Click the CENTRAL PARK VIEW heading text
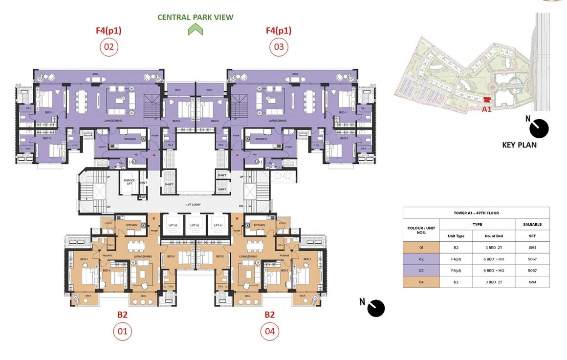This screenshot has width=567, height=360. coord(195,18)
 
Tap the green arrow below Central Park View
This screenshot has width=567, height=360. coord(195,30)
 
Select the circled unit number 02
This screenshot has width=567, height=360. coord(109,47)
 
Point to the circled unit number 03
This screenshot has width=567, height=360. coord(279,47)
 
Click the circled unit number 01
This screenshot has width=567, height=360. coord(122,332)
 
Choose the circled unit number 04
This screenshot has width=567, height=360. coord(269,332)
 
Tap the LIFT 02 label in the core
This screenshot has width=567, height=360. coord(194,225)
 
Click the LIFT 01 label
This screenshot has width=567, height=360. coord(218,225)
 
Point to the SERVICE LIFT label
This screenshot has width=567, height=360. coord(129,182)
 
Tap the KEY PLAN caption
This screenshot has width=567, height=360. coord(519,145)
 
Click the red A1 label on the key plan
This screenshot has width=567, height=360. coord(486,109)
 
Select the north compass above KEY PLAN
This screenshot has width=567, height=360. coord(539,128)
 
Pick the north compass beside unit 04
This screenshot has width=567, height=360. coord(375,308)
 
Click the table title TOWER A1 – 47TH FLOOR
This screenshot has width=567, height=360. coord(476,213)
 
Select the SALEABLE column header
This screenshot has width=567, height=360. coord(532,225)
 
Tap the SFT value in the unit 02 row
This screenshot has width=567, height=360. coord(532,259)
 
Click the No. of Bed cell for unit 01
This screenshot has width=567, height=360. coord(494,248)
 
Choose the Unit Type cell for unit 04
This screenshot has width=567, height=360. coord(456,282)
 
